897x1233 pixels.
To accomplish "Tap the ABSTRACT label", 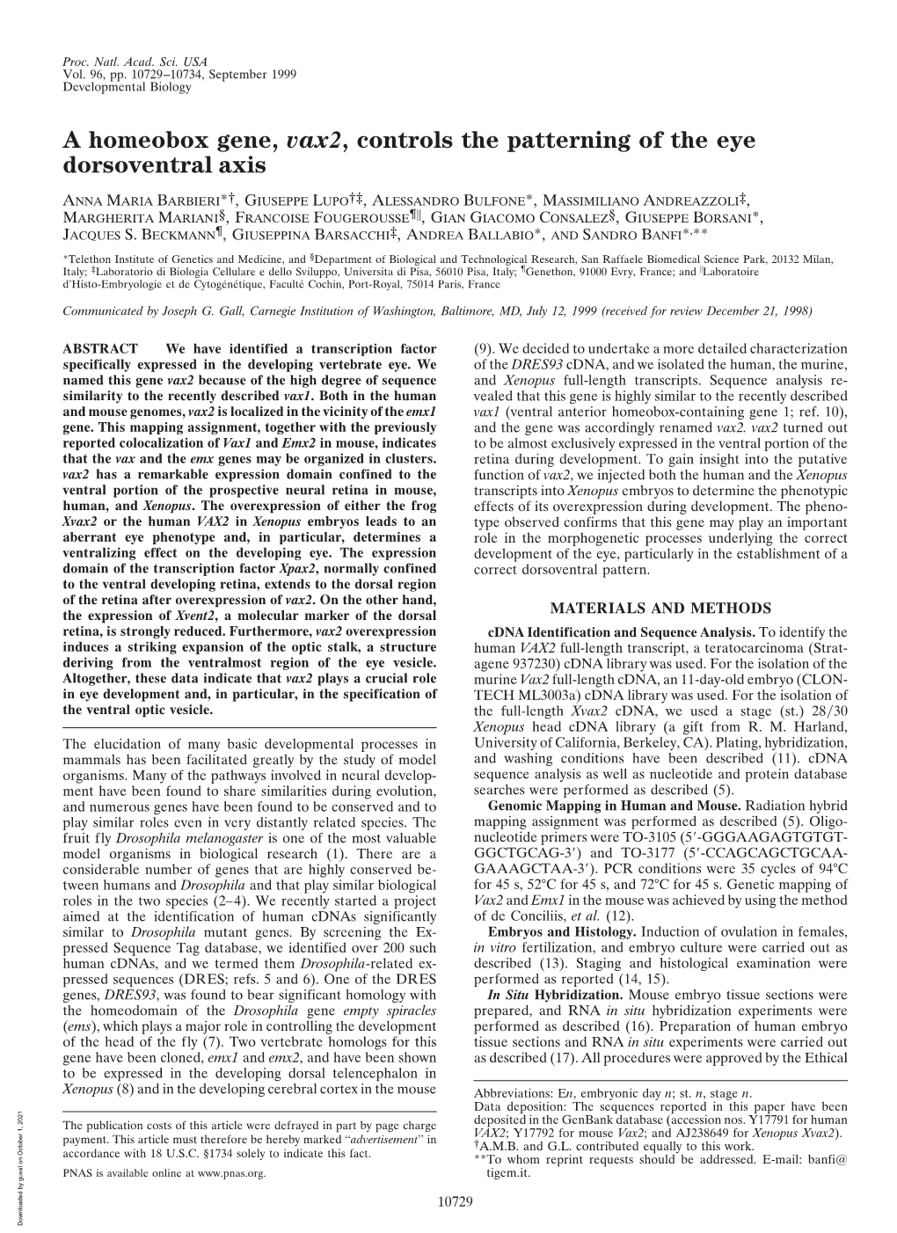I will click(x=97, y=348).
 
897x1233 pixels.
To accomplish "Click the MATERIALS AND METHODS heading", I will click(x=660, y=607).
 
